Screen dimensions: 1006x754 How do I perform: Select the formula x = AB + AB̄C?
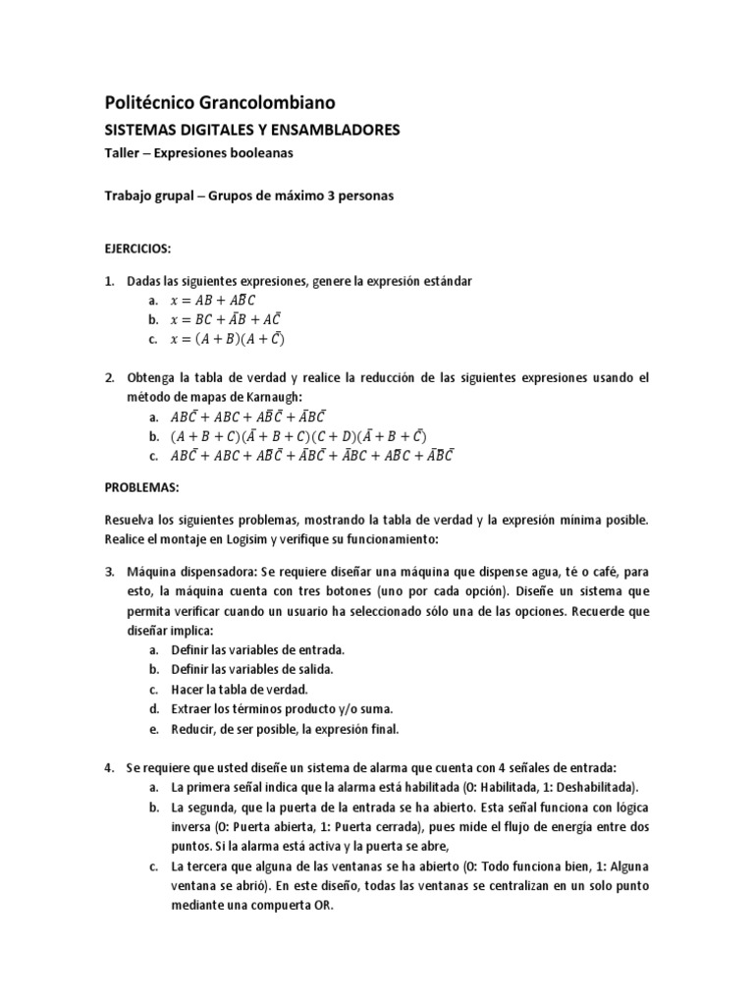click(x=213, y=301)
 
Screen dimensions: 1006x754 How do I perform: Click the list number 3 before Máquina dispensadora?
click(x=109, y=571)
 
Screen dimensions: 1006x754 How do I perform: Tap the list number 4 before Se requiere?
click(x=109, y=766)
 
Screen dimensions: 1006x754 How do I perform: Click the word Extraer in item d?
click(x=192, y=708)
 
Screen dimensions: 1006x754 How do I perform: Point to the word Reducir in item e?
click(x=192, y=728)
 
